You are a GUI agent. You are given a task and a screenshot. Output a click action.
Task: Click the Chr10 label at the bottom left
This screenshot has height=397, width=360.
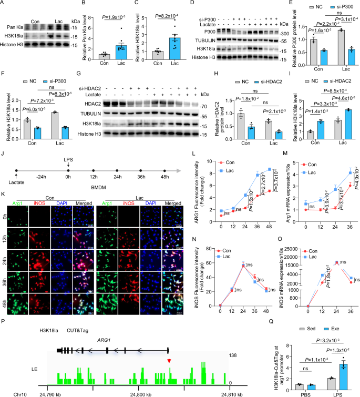(x=10, y=393)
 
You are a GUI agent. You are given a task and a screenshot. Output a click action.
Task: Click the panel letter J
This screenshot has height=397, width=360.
(x=4, y=156)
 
